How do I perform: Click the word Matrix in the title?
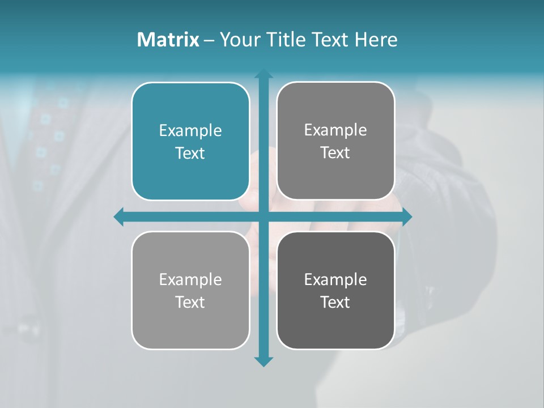168,40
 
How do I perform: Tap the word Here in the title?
376,40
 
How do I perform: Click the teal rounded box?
190,142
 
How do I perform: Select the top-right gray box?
335,141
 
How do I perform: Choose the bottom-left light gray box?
190,290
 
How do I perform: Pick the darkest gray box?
335,290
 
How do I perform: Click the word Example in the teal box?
190,130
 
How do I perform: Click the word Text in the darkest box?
335,302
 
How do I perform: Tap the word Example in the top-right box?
335,130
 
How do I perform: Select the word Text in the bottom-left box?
190,302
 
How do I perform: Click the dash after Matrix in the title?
209,40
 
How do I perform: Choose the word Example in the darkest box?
335,279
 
